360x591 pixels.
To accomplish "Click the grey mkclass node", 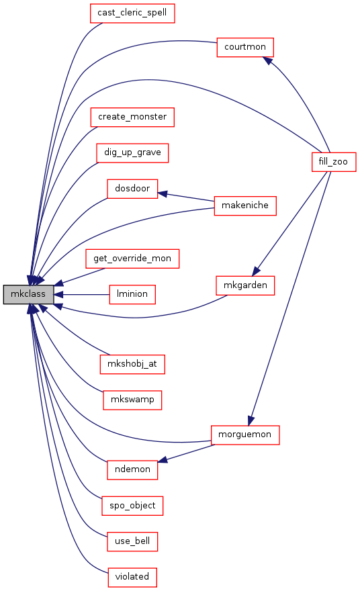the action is coord(28,294).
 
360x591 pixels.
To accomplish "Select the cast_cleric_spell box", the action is coord(132,13).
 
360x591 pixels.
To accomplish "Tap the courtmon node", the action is coord(245,48).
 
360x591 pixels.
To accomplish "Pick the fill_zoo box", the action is coord(334,162).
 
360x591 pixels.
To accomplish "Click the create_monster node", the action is coord(132,118).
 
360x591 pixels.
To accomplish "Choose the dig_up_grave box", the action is coord(132,153).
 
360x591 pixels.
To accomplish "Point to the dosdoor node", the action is coord(132,189).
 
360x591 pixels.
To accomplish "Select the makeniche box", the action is coord(245,206).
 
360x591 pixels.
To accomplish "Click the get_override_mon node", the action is coord(132,259).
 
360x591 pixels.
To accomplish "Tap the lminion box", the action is coord(132,294).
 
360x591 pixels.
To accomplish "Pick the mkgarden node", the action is coord(245,285).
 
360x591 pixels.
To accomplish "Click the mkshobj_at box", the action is coord(132,365).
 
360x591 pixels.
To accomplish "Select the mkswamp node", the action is coord(132,400).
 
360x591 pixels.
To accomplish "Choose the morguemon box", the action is coord(245,435).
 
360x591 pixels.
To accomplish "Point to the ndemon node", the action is coord(132,470).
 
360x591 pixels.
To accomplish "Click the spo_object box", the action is coord(132,506).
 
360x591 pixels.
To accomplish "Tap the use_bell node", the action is coord(132,541).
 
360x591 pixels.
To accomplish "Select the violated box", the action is coord(132,578).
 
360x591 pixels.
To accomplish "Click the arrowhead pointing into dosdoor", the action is coord(163,194).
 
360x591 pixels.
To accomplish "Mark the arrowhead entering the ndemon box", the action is coord(163,459).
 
